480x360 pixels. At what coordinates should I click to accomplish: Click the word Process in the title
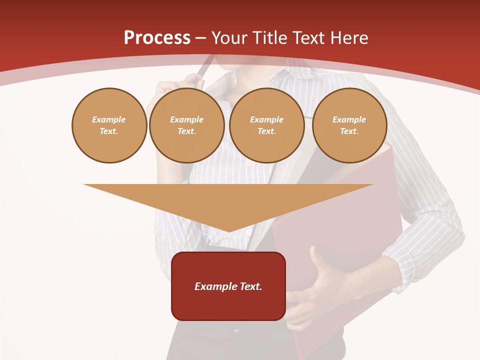[x=157, y=38]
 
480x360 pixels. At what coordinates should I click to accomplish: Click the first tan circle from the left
[x=109, y=125]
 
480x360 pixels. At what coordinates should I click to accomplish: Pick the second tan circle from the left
[x=186, y=125]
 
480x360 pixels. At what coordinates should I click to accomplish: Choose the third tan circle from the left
[x=266, y=125]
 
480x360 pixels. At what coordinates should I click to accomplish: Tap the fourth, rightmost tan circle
[x=349, y=125]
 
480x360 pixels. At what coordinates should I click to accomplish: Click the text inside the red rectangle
[x=228, y=286]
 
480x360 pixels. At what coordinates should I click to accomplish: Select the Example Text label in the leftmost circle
[x=109, y=125]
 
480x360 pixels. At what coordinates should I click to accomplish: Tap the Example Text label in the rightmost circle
[x=349, y=125]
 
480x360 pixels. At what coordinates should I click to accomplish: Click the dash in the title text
[x=200, y=38]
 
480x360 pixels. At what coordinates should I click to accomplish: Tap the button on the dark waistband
[x=236, y=331]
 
